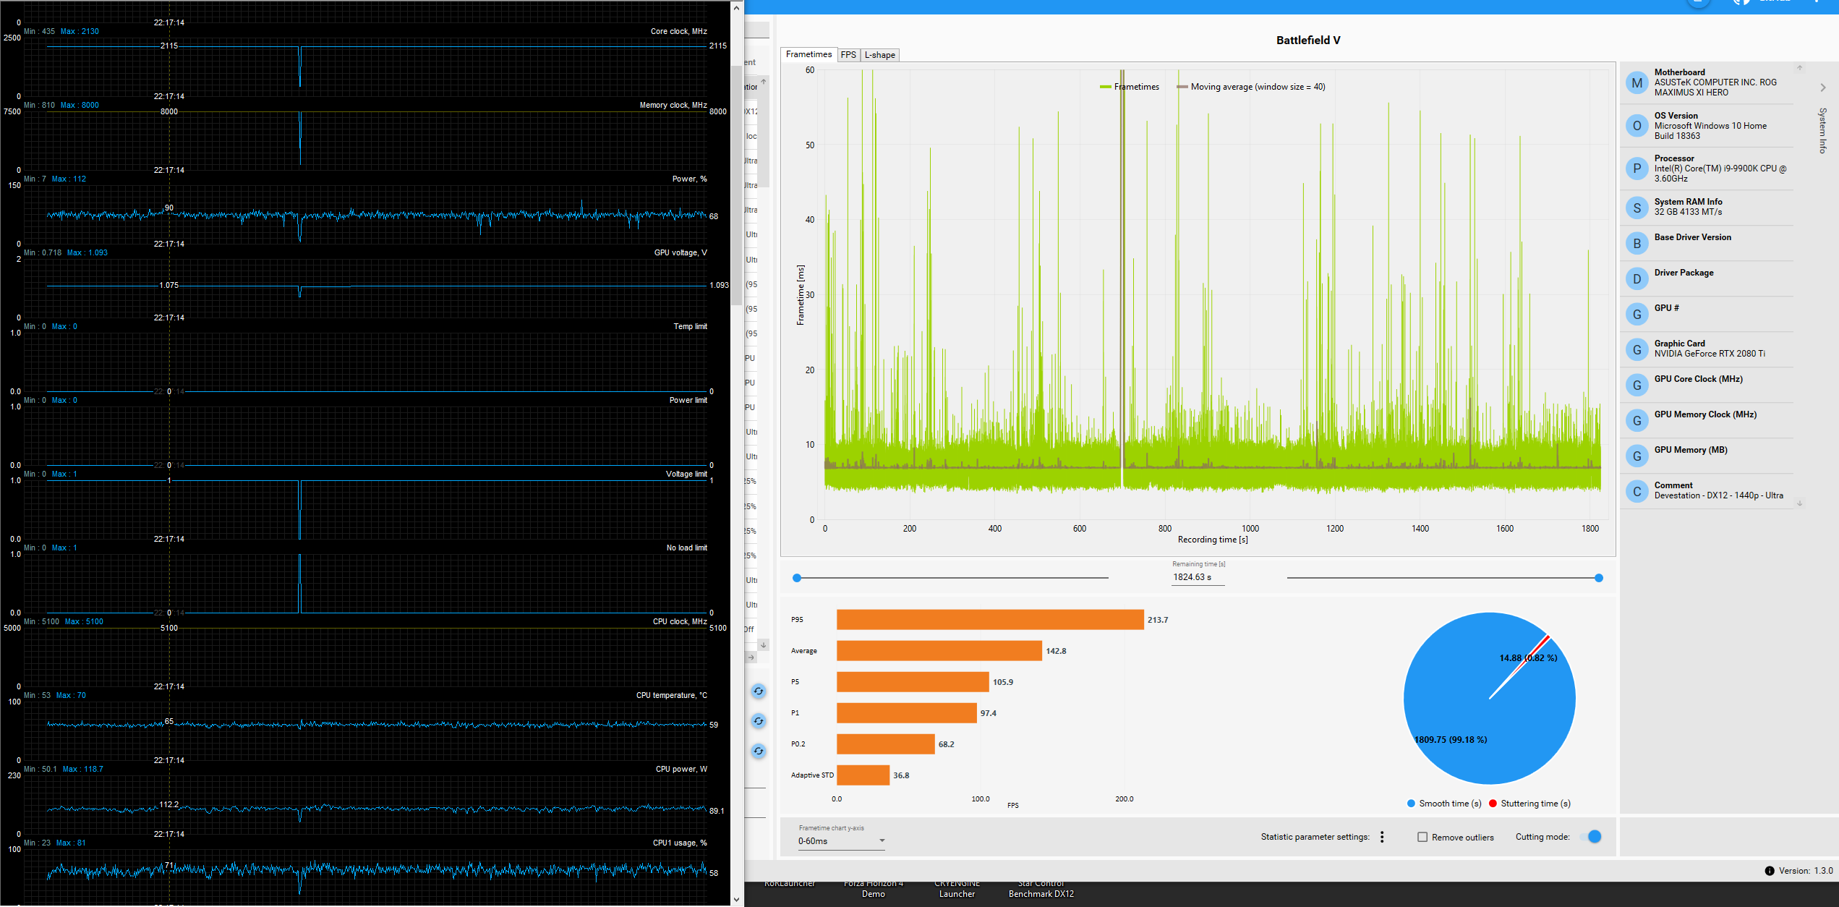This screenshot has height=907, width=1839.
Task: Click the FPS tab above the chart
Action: pyautogui.click(x=848, y=55)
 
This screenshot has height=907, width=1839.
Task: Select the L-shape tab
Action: pyautogui.click(x=879, y=55)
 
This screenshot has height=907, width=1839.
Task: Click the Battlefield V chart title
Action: pyautogui.click(x=1307, y=41)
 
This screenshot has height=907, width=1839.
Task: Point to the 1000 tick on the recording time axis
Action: pyautogui.click(x=1250, y=529)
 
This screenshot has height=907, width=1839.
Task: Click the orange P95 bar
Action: pyautogui.click(x=989, y=620)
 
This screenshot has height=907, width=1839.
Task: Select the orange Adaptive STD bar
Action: pyautogui.click(x=863, y=775)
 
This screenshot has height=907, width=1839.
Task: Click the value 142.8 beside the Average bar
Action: pyautogui.click(x=1056, y=651)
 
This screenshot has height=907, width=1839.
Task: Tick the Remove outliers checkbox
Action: pyautogui.click(x=1422, y=837)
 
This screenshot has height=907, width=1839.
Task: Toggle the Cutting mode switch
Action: pyautogui.click(x=1593, y=837)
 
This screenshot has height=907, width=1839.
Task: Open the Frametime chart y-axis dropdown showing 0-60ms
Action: pyautogui.click(x=841, y=841)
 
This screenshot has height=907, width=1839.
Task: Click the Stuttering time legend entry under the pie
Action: pyautogui.click(x=1535, y=804)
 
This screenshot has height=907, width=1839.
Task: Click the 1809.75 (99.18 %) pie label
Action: pyautogui.click(x=1450, y=740)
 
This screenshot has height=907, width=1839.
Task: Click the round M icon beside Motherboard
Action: pyautogui.click(x=1637, y=83)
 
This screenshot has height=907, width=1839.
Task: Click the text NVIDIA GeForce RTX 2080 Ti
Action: pyautogui.click(x=1709, y=354)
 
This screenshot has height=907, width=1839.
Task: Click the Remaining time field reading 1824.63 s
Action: pyautogui.click(x=1197, y=577)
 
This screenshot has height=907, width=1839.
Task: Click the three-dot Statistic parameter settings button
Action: pyautogui.click(x=1382, y=837)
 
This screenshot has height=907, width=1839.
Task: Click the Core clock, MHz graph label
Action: pyautogui.click(x=678, y=32)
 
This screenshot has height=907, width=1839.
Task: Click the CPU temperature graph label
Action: pyautogui.click(x=671, y=696)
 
